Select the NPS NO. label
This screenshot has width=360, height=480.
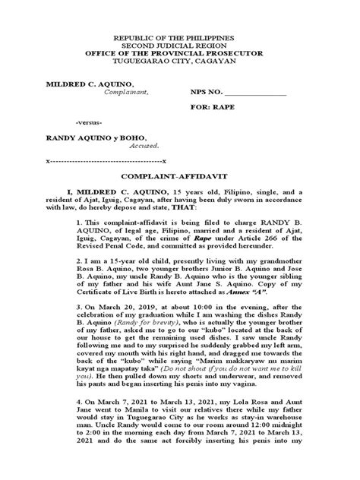206,92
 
